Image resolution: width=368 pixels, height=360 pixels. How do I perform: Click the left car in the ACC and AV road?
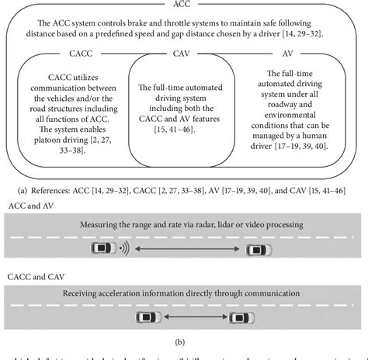click(x=102, y=250)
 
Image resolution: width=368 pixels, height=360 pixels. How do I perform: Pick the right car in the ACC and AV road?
click(x=259, y=250)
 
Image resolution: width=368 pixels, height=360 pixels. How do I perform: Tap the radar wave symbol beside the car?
click(x=123, y=250)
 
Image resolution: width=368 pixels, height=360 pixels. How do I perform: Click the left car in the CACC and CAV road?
click(x=147, y=318)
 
